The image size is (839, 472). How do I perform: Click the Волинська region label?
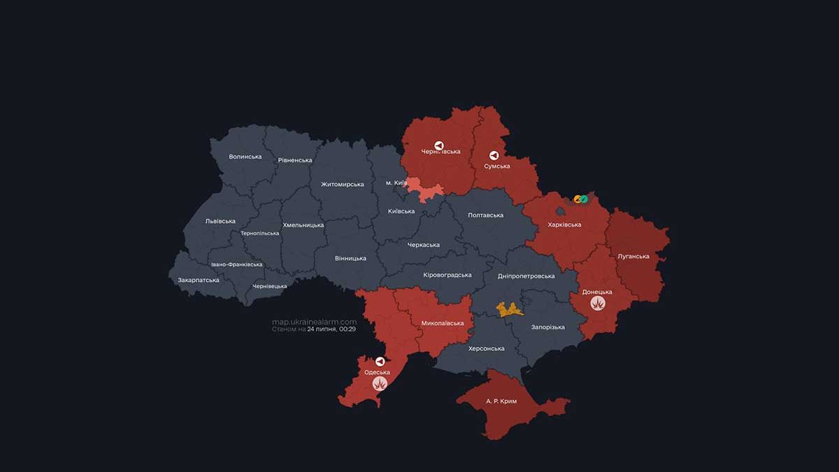(x=245, y=157)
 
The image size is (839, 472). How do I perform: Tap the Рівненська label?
(x=295, y=160)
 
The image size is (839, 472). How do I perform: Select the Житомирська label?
(x=343, y=185)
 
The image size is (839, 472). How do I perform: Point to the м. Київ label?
(x=396, y=183)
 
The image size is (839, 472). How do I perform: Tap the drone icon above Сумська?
(x=494, y=155)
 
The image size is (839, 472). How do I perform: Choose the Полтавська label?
(x=485, y=215)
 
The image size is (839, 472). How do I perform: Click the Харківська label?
(x=564, y=224)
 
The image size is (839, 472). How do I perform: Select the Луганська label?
(x=633, y=256)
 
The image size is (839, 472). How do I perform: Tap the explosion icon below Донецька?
(x=597, y=303)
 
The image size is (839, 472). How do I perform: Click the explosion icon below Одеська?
(x=380, y=383)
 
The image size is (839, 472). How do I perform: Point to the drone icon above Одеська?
(x=380, y=362)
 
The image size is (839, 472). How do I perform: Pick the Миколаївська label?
(x=443, y=323)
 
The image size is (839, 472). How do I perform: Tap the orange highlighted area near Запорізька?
(x=510, y=309)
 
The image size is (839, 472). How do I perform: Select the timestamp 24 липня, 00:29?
(x=331, y=329)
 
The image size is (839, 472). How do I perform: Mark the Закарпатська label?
(x=199, y=280)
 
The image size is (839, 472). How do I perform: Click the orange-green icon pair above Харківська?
(x=580, y=199)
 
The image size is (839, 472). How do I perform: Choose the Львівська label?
(x=220, y=221)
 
